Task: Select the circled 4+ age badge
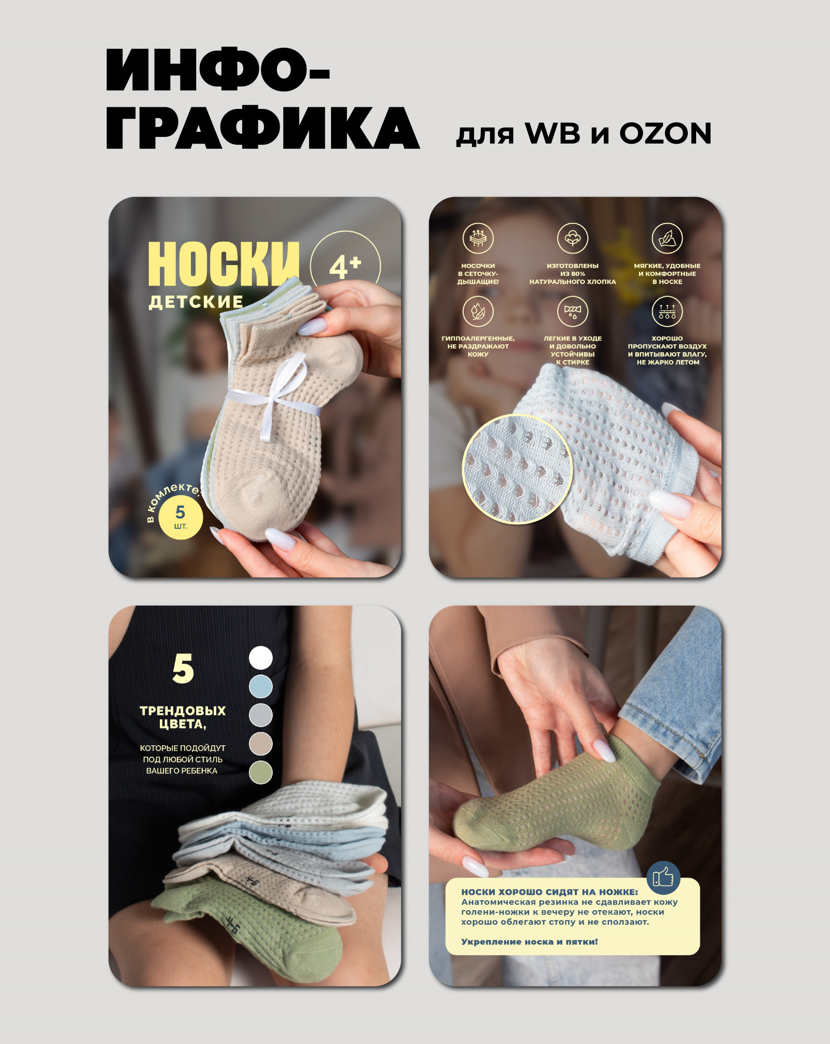[x=345, y=266]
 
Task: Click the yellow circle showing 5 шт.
[x=180, y=517]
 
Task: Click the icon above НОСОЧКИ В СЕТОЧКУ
[x=478, y=238]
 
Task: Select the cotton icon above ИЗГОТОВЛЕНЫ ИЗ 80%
[x=572, y=238]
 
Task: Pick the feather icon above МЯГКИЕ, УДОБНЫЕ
[x=667, y=238]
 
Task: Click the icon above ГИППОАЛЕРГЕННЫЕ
[x=478, y=311]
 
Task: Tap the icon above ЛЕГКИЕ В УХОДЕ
[x=572, y=311]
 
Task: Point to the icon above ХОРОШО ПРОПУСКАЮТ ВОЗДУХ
[x=667, y=311]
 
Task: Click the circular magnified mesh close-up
[x=517, y=468]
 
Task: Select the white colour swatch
[x=260, y=658]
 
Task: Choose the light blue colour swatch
[x=260, y=686]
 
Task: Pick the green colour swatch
[x=260, y=772]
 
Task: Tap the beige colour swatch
[x=260, y=743]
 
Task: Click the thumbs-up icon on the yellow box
[x=663, y=878]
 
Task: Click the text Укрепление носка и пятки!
[x=530, y=942]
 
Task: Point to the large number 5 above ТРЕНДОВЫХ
[x=183, y=669]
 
